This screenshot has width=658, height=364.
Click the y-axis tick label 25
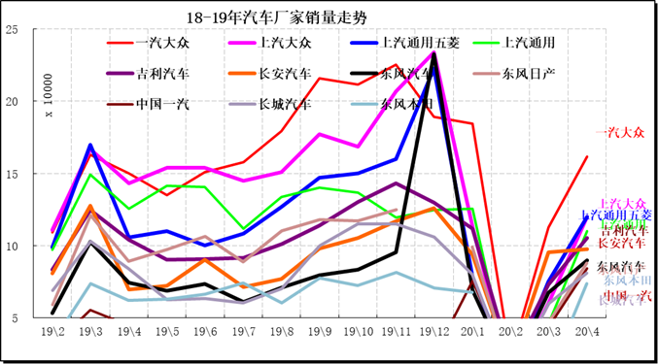click(12, 29)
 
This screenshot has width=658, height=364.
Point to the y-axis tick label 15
click(12, 174)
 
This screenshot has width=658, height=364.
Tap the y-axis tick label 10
click(12, 246)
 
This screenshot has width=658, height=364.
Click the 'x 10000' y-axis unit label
click(45, 97)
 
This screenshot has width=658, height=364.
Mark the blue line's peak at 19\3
click(90, 145)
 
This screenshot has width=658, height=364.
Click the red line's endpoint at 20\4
click(586, 156)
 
